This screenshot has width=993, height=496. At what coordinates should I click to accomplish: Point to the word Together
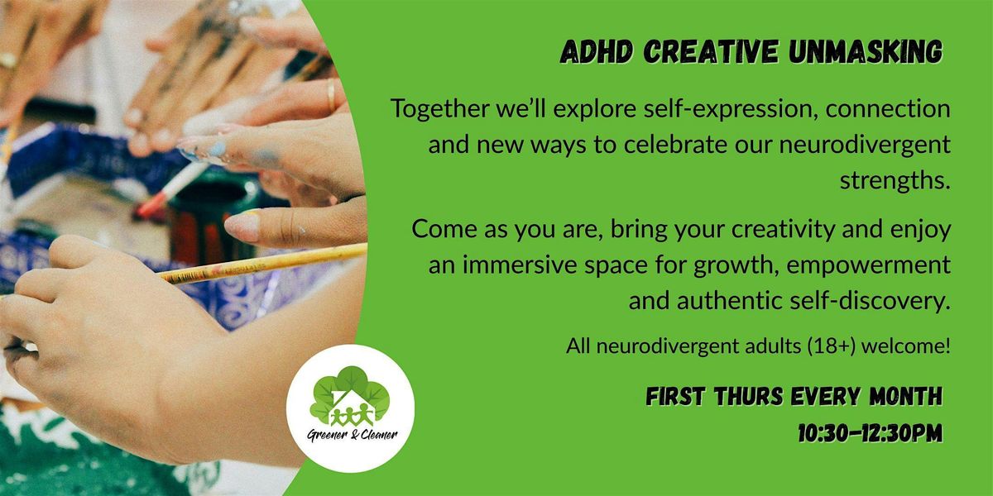tap(441, 109)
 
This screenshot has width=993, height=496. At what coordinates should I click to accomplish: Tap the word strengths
tap(895, 180)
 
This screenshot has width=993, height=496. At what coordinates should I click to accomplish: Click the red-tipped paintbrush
tap(165, 192)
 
